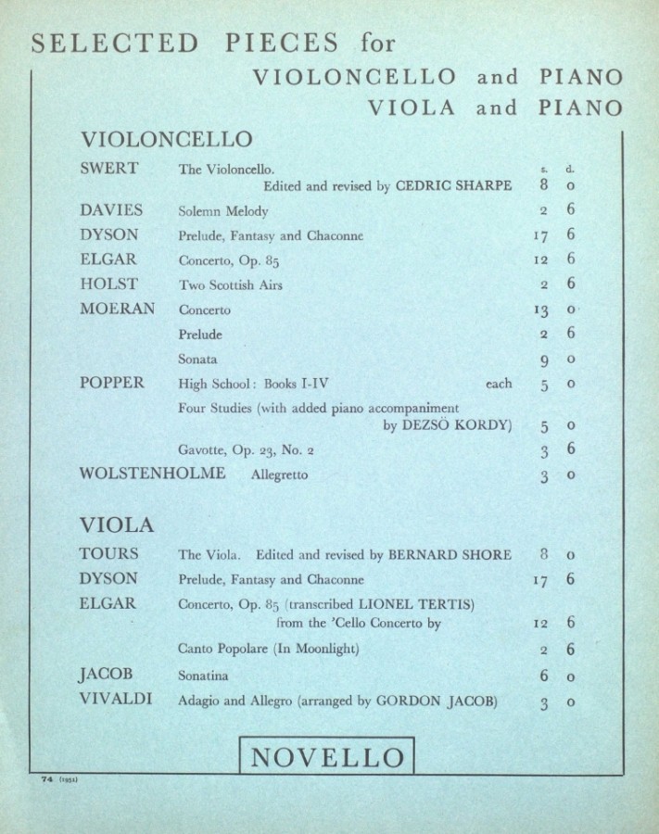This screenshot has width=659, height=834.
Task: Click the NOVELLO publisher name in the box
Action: pos(328,757)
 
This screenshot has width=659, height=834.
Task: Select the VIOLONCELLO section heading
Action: pos(167,140)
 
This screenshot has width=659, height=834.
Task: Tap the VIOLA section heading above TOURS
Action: pos(117,525)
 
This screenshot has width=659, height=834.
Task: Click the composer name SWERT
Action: pos(109,169)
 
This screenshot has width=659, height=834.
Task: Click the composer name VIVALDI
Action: pos(116,701)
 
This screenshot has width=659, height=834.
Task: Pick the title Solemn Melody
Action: pos(223,212)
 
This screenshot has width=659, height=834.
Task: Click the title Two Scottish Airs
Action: pos(231,285)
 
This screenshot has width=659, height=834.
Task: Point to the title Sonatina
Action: pos(205,677)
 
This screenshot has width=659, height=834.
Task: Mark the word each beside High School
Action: pos(498,384)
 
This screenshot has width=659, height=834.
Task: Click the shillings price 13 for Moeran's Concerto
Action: pos(544,310)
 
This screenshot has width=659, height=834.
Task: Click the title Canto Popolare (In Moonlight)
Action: pos(268,649)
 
